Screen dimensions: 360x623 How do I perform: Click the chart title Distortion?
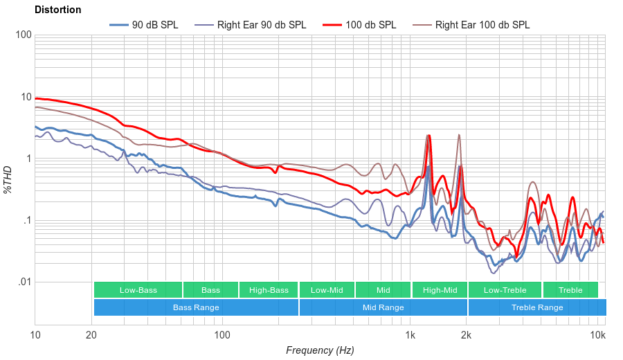click(x=58, y=10)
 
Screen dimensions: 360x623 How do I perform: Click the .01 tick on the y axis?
click(x=24, y=282)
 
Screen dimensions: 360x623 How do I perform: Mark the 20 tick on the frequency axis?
click(x=91, y=334)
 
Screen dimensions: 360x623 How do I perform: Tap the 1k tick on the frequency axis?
click(x=410, y=334)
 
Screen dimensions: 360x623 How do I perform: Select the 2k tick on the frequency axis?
click(x=467, y=334)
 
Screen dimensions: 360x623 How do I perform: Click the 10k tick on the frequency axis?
click(x=598, y=334)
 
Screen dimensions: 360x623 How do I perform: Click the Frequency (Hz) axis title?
click(x=320, y=350)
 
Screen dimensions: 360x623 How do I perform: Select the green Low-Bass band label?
click(x=138, y=290)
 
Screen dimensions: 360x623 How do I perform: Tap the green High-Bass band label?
click(x=269, y=290)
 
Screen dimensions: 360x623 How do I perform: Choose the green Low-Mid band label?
click(x=327, y=290)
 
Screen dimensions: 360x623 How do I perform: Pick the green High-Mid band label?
click(x=440, y=290)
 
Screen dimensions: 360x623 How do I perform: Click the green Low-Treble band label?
click(x=505, y=290)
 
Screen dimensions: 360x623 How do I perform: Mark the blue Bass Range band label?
click(x=196, y=307)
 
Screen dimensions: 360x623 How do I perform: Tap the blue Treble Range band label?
click(x=537, y=307)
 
